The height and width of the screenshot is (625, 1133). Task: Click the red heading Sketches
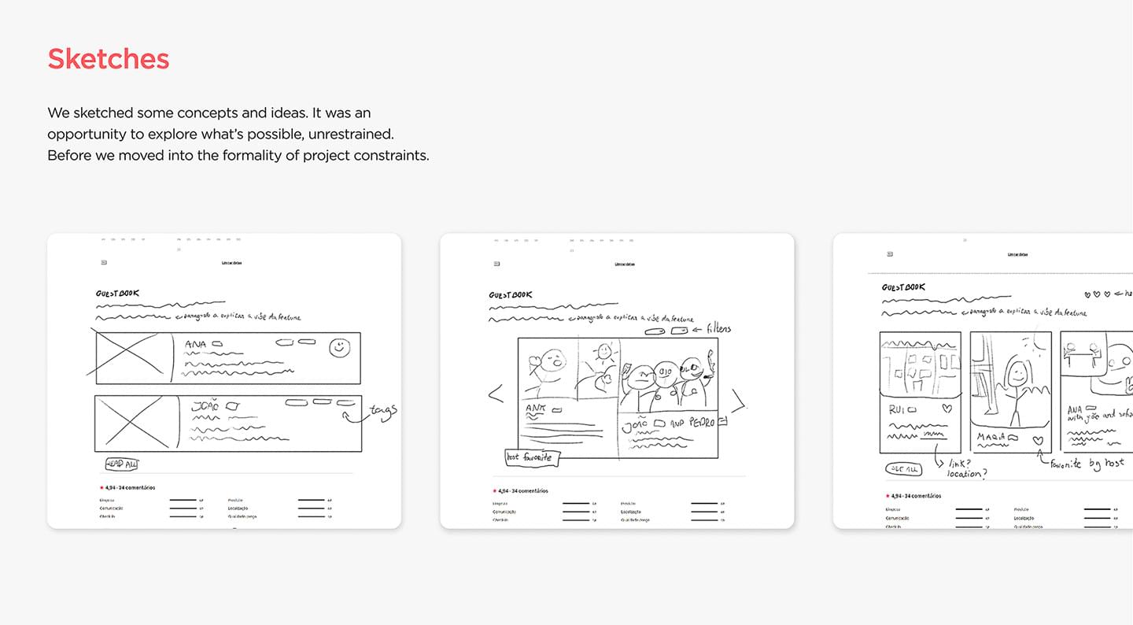(109, 59)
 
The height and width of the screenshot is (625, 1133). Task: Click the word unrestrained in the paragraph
(351, 134)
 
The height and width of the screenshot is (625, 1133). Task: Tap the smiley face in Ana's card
(339, 348)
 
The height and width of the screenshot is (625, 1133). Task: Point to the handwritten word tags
(383, 411)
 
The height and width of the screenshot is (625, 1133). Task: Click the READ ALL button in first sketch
(122, 464)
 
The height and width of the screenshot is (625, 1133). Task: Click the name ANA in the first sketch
(196, 344)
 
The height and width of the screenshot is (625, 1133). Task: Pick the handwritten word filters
(718, 327)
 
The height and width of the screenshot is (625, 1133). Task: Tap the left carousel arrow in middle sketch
(496, 394)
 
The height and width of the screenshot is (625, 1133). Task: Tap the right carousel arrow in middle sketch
(738, 401)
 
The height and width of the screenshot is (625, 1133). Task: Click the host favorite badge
(533, 457)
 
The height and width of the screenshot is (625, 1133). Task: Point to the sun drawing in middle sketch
(604, 350)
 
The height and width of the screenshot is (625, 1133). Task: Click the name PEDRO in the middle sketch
(701, 423)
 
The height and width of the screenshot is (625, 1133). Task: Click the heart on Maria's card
(1039, 441)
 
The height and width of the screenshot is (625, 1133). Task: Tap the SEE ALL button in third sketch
(903, 468)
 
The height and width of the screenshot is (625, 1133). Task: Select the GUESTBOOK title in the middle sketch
(511, 295)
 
